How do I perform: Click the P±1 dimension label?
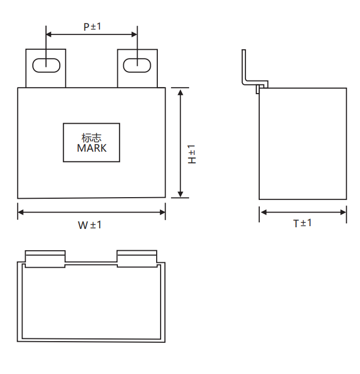(x=92, y=26)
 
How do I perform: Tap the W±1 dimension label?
(x=89, y=225)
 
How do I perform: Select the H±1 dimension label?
(x=192, y=155)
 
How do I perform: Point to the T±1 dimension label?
(x=302, y=223)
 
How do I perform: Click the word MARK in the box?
(x=92, y=148)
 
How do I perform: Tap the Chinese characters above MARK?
(x=92, y=137)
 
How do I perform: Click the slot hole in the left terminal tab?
(x=46, y=65)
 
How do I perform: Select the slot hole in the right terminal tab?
(x=137, y=65)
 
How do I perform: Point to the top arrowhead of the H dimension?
(x=180, y=91)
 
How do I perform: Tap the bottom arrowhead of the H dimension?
(x=180, y=194)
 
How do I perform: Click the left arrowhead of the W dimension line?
(x=21, y=211)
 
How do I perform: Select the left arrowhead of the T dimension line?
(x=262, y=212)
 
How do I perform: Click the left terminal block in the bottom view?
(x=45, y=258)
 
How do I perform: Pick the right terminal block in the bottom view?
(x=138, y=258)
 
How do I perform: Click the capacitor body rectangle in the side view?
(x=302, y=143)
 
